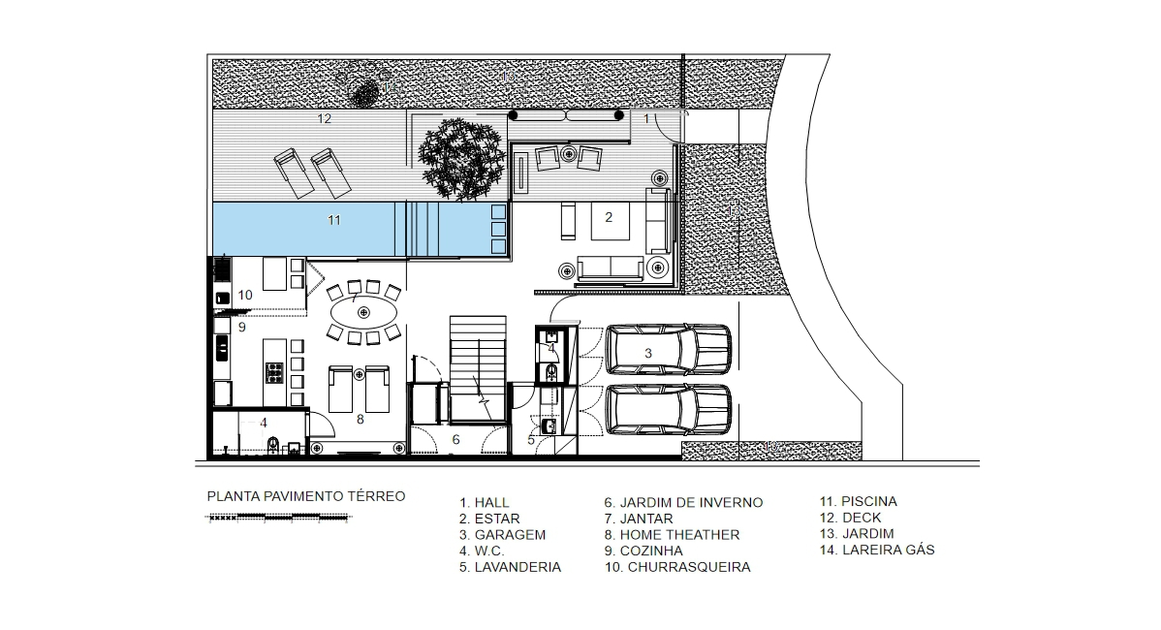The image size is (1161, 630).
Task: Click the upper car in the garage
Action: click(x=669, y=351)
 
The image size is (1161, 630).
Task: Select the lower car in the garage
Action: click(x=669, y=411)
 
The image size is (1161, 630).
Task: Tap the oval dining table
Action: click(x=363, y=312)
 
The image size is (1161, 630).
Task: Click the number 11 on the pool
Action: click(x=333, y=221)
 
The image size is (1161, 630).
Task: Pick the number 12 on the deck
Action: click(x=325, y=119)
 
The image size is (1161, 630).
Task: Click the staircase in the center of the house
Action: click(x=477, y=368)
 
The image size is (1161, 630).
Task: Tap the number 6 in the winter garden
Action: click(x=455, y=439)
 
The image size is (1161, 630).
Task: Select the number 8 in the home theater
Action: click(x=360, y=420)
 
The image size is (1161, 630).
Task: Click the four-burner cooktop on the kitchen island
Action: click(x=274, y=370)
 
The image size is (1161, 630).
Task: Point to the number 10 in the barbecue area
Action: click(x=245, y=294)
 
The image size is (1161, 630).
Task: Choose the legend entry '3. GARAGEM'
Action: click(x=503, y=534)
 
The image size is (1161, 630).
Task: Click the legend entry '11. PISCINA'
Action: click(x=858, y=501)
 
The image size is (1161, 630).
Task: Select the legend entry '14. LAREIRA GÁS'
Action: click(x=876, y=550)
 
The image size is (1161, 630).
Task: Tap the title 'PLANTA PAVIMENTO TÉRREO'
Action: click(x=306, y=496)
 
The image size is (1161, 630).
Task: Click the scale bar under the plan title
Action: click(x=277, y=518)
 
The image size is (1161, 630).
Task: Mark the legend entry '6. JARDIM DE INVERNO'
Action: click(x=683, y=502)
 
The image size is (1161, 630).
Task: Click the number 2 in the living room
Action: click(x=609, y=217)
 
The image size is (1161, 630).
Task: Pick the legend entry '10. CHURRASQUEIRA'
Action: click(x=676, y=567)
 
